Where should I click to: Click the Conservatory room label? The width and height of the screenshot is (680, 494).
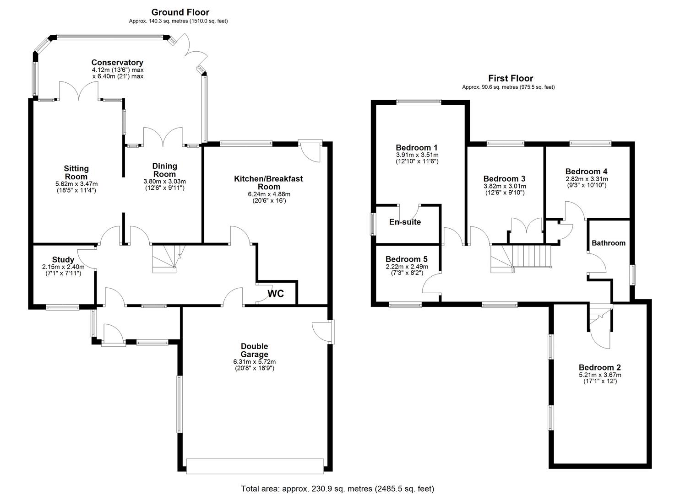[x=117, y=63]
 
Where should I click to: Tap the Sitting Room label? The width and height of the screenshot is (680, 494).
[x=76, y=172]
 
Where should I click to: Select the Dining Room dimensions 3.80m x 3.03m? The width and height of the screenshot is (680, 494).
[x=164, y=181]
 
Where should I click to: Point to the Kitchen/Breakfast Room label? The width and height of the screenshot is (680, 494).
[x=268, y=183]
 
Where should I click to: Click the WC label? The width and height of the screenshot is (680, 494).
[x=276, y=294]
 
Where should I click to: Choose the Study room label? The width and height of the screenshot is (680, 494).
[x=63, y=260]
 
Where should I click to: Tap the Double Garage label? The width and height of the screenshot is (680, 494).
[x=254, y=350]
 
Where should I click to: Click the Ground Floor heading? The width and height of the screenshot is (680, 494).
[x=180, y=12]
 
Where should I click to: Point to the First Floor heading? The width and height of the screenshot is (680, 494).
[x=511, y=78]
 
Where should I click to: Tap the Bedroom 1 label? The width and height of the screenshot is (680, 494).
[x=417, y=148]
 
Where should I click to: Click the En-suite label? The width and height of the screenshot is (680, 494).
[x=405, y=222]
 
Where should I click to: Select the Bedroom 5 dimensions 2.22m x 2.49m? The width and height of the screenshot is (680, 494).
[x=407, y=267]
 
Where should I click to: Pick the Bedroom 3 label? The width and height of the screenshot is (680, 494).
[x=504, y=179]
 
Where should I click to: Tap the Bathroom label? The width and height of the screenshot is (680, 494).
[x=608, y=243]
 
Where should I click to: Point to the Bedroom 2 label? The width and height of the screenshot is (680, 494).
[x=599, y=368]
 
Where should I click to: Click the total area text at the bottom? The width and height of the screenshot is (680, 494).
[x=337, y=489]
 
